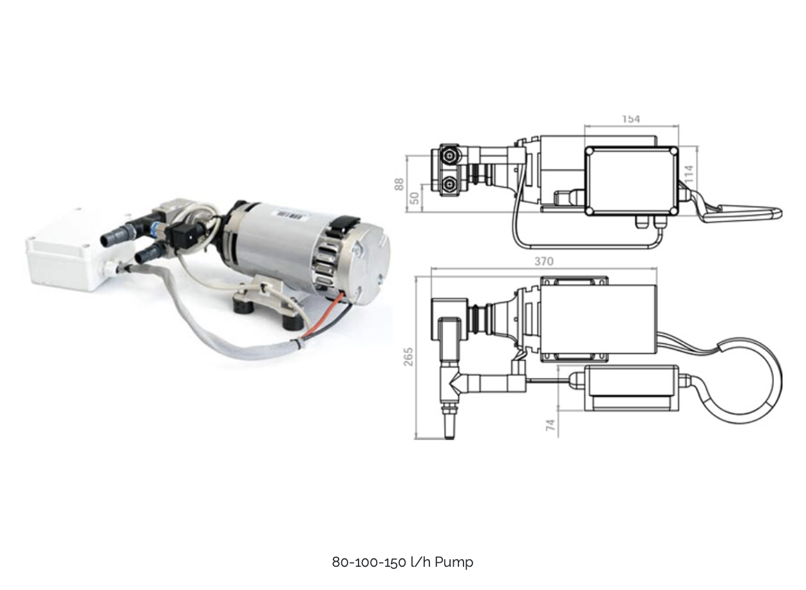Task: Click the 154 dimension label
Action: pyautogui.click(x=631, y=119)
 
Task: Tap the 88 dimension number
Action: pyautogui.click(x=399, y=184)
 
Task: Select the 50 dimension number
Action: pyautogui.click(x=415, y=198)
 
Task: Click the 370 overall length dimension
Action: pyautogui.click(x=543, y=262)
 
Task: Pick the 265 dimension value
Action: pyautogui.click(x=409, y=357)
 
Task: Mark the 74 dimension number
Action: pyautogui.click(x=550, y=424)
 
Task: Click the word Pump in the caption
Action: pyautogui.click(x=454, y=562)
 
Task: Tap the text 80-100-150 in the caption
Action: pyautogui.click(x=368, y=562)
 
